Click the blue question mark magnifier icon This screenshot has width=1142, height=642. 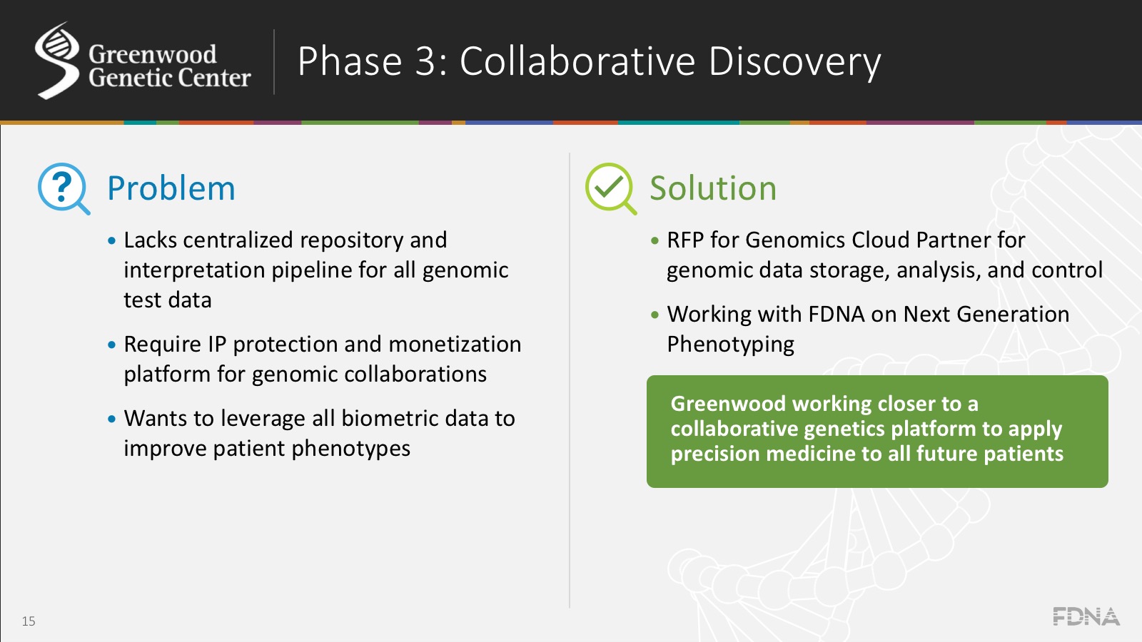click(62, 188)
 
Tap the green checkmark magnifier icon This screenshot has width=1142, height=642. click(610, 188)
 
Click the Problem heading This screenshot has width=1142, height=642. click(171, 189)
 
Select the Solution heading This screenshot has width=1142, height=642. click(712, 189)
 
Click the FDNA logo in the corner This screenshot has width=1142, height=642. click(1086, 616)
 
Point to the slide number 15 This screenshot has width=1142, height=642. click(29, 621)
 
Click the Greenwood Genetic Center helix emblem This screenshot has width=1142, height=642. click(57, 61)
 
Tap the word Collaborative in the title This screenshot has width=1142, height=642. click(577, 61)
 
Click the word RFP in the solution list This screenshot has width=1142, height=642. click(685, 240)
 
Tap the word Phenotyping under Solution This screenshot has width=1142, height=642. click(730, 345)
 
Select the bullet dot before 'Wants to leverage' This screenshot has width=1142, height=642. click(111, 419)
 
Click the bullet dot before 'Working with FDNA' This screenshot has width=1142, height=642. click(655, 315)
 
